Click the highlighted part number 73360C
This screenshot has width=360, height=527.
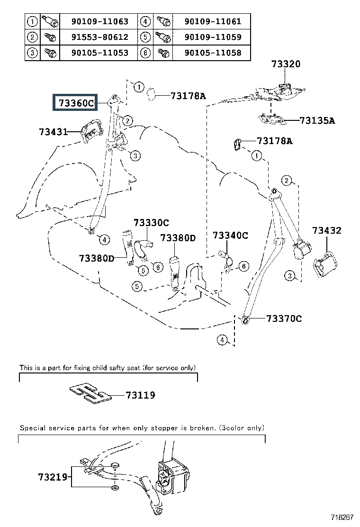click(x=76, y=102)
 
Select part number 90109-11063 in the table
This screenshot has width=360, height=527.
click(x=99, y=21)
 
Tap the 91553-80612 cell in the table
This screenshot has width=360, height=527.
click(x=99, y=37)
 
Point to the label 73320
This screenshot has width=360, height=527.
click(x=286, y=64)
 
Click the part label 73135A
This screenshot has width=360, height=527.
click(x=317, y=120)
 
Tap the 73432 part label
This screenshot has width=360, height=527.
click(x=326, y=231)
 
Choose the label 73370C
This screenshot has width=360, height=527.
click(x=284, y=318)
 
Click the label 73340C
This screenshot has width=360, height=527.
click(x=230, y=235)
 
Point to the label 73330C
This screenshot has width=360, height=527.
click(x=151, y=223)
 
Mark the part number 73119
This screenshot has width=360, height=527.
click(x=140, y=395)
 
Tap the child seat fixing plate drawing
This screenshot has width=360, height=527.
click(x=90, y=393)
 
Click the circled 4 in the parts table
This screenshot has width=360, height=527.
click(x=146, y=21)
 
